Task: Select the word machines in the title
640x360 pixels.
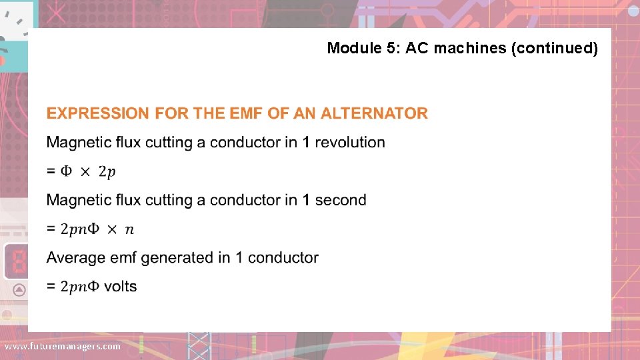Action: coord(475,48)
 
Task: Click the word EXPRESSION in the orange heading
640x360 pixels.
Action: coord(98,113)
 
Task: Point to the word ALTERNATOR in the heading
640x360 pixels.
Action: coord(374,113)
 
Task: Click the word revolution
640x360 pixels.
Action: coord(350,142)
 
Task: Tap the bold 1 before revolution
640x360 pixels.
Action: coord(306,142)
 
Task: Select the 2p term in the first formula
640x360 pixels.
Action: coord(107,171)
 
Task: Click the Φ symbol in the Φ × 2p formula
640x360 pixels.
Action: coord(67,171)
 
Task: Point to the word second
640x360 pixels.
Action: coord(341,200)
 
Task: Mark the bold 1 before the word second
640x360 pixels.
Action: coord(306,200)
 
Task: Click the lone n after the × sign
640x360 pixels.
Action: coord(129,229)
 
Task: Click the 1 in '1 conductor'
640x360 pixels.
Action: coord(239,257)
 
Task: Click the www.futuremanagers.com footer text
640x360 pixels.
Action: coord(63,347)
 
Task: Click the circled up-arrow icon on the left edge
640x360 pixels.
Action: coord(19,289)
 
